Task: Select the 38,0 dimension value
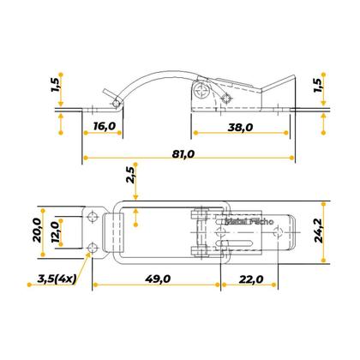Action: click(240, 127)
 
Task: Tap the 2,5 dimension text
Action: click(130, 177)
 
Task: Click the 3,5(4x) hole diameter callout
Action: click(55, 279)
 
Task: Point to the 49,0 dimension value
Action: click(158, 279)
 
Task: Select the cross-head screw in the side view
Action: click(202, 87)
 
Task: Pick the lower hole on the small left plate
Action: click(92, 249)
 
